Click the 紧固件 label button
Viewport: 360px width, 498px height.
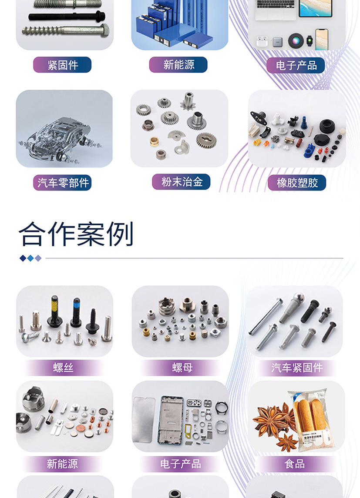pos(62,65)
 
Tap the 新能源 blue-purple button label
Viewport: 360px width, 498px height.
pos(178,65)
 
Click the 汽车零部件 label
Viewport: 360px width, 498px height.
pos(63,183)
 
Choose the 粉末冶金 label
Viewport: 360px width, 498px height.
pos(182,182)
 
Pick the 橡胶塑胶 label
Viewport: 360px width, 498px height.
pos(297,183)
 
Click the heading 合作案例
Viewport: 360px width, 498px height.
pos(76,234)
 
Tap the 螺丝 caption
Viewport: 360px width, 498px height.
pos(64,368)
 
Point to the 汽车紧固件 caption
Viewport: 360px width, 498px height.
pos(297,368)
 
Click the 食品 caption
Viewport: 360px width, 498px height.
pos(295,464)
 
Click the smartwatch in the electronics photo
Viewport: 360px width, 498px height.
pos(309,42)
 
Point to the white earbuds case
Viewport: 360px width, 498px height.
pos(262,42)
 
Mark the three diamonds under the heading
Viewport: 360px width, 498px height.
pos(30,258)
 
